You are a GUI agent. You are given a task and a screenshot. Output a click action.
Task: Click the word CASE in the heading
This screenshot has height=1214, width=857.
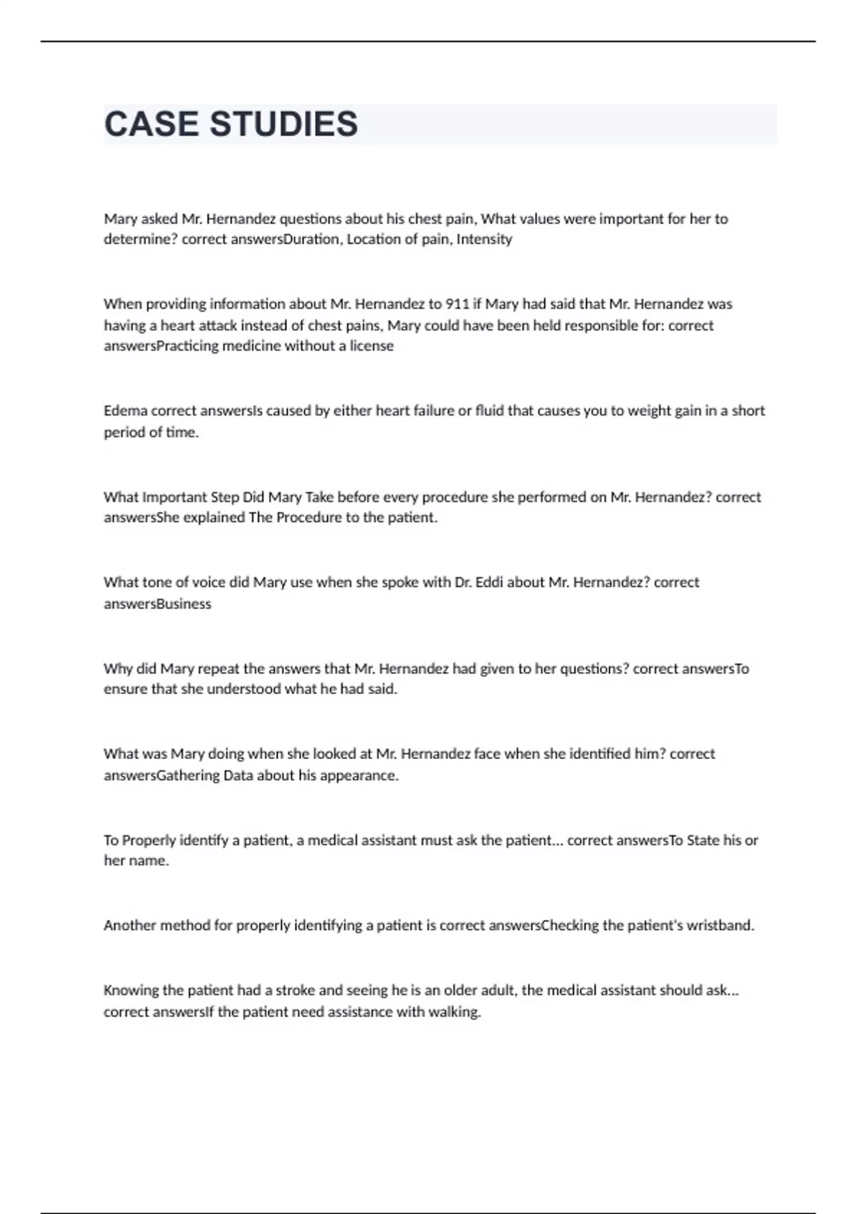pos(151,124)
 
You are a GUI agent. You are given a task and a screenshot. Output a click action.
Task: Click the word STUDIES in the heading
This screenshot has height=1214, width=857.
pos(284,124)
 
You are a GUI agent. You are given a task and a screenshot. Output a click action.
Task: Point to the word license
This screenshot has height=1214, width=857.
pos(371,346)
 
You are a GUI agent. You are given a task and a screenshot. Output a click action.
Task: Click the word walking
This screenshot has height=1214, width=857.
pos(454,1012)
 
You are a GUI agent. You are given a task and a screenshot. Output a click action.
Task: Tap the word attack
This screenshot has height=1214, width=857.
pos(217,326)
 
